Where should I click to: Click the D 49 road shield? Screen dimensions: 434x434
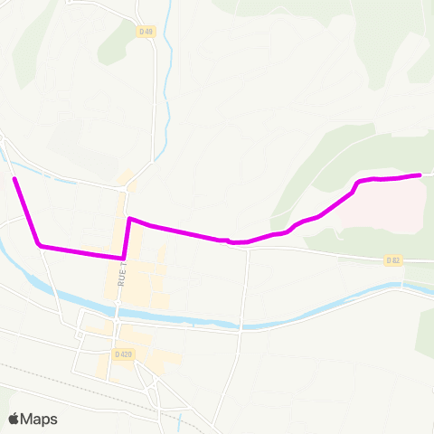coord(146,32)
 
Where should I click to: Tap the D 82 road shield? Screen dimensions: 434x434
coord(392,260)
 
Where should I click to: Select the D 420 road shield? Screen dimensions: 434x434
coord(124,354)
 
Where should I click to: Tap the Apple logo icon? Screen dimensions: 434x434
coord(14,419)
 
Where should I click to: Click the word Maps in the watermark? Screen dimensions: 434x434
coord(40,419)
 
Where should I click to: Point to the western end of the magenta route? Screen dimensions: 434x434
coord(14,180)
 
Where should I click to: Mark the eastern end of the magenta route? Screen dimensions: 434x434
coord(420,175)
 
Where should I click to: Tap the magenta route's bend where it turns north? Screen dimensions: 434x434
coord(124,257)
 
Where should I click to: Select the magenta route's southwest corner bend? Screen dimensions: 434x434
coord(39,244)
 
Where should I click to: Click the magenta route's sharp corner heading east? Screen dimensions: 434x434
coord(130,219)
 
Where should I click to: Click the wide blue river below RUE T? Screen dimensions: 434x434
coord(181,317)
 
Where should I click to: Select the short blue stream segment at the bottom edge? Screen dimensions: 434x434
coord(183,421)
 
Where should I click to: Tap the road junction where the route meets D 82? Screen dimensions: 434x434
coord(246,243)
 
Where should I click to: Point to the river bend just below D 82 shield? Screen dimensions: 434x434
coord(402,285)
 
